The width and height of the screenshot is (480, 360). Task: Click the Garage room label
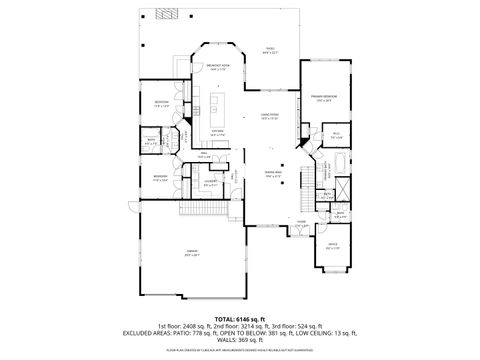point(190,253)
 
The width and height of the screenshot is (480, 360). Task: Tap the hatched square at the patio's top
point(164,16)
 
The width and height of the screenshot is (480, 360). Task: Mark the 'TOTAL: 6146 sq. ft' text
point(239,319)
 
